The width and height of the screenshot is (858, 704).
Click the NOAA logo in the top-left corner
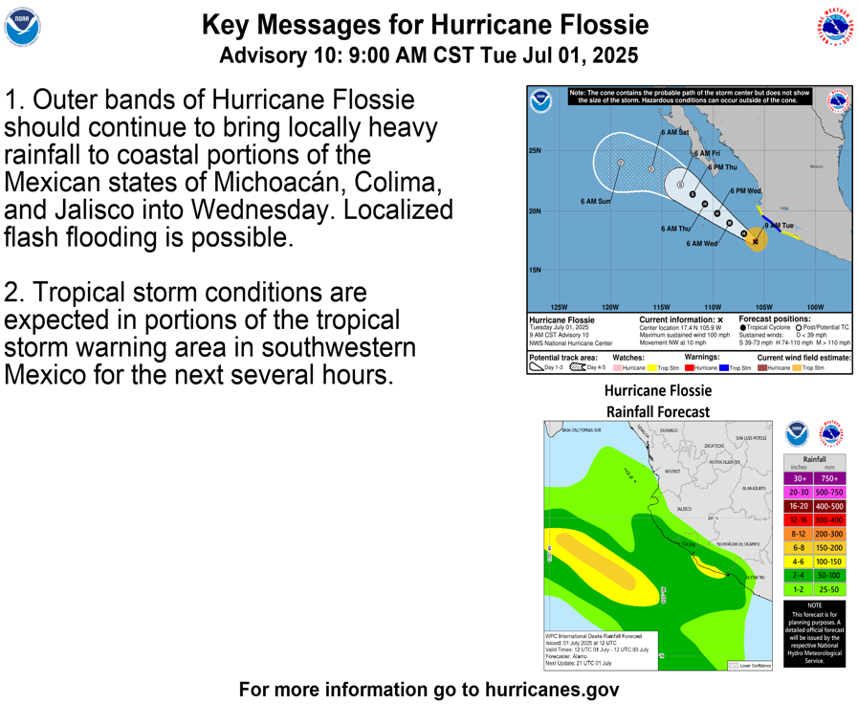point(22,29)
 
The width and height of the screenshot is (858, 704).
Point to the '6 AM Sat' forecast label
point(674,132)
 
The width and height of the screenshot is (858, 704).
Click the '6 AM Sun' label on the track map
point(595,202)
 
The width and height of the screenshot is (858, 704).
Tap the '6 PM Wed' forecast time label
point(746,191)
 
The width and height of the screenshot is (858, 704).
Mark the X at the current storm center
point(756,241)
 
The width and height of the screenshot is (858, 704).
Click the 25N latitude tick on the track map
point(535,151)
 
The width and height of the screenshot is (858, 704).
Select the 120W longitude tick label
point(609,307)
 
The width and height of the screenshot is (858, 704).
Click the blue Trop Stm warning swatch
point(724,367)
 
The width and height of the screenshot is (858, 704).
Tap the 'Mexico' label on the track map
point(816,166)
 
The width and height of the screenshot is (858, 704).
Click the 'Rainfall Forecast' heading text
point(658,411)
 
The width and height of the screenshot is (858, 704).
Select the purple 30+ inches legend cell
point(799,478)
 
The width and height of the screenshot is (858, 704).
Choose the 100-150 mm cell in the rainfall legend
point(829,561)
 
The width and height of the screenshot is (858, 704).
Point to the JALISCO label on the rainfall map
point(683,509)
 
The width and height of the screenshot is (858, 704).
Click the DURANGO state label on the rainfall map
point(668,430)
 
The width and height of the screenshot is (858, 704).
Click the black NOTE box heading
point(813,605)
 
